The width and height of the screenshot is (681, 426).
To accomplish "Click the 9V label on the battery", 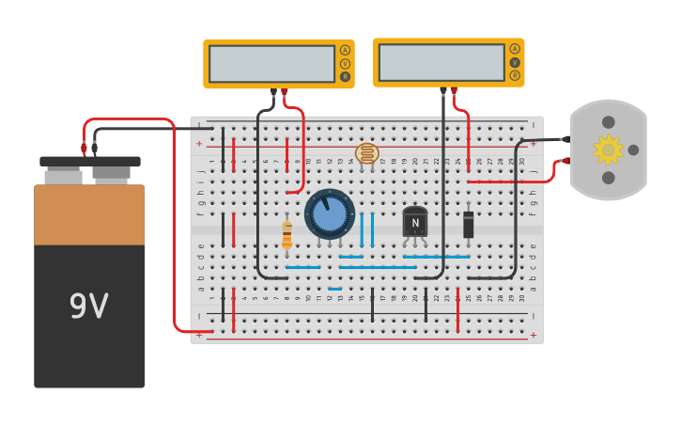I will pos(89,307).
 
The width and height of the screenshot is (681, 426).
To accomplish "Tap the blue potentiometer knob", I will pos(330,213).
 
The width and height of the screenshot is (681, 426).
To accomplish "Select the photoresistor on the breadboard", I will pos(366,153).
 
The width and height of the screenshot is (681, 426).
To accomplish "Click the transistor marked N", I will pos(414,222).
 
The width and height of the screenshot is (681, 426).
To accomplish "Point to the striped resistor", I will pos(286,234).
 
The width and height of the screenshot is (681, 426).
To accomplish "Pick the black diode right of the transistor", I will pos(469,224).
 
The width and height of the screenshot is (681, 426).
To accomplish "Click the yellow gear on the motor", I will pos(608,150).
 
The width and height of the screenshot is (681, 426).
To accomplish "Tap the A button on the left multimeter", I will pos(345,50).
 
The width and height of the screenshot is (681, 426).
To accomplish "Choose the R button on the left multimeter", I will pos(345,76).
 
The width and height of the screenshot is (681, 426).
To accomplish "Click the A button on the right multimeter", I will pos(515,49).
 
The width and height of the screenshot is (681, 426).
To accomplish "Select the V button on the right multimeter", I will pos(515,62).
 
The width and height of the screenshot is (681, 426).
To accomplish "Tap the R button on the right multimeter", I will pos(515,75).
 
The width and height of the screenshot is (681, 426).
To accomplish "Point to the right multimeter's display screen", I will pos(441,62).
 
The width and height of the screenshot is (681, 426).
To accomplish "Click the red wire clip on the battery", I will pos(84,148).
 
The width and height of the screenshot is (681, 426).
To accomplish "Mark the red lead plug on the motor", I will pos(565,161).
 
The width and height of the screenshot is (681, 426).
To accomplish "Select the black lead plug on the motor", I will pos(565,139).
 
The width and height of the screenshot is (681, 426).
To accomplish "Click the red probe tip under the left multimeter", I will pos(285,92).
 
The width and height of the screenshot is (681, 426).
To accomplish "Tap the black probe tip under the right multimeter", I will pos(443,91).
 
